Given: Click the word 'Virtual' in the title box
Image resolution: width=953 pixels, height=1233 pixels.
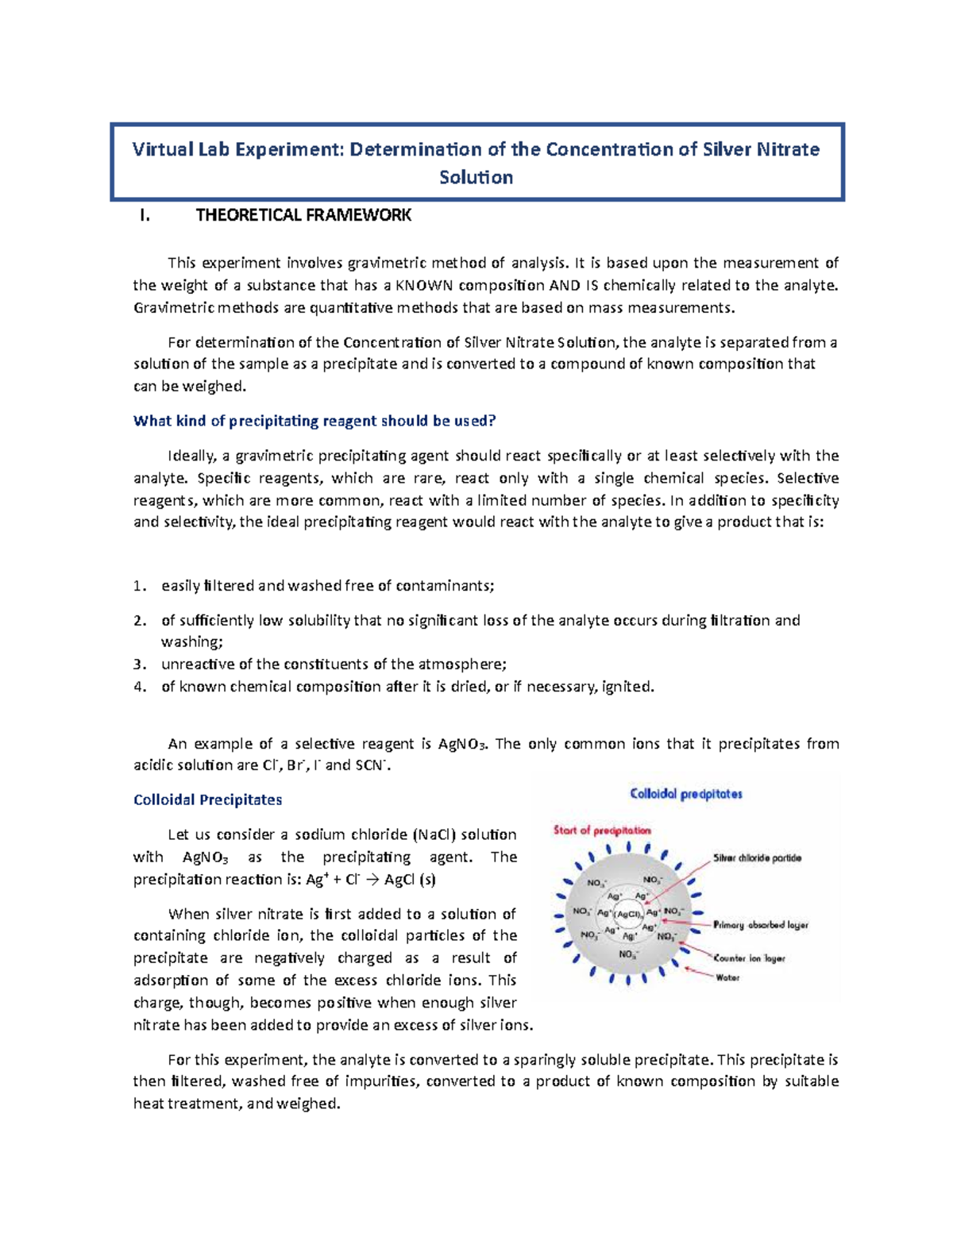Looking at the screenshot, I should point(162,149).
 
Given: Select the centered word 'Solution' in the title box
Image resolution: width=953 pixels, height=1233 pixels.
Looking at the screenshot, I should point(476,177).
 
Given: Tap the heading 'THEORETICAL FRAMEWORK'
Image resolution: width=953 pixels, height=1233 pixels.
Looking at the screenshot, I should point(303,215).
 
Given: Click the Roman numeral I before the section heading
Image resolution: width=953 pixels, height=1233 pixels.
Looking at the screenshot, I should point(143,215).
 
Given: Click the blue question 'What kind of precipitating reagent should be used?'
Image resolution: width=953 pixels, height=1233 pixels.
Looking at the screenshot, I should point(314,421).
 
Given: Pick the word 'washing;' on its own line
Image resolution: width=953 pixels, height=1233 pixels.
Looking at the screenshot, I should point(192,642).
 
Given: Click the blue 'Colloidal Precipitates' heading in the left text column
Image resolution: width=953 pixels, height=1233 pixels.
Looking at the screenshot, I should point(207,800).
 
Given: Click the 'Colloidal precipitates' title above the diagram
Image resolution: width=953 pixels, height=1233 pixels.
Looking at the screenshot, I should point(686,794).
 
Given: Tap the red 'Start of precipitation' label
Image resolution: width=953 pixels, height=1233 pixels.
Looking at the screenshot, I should point(602,830).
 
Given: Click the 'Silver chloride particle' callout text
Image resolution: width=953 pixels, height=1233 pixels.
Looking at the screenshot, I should point(757,858).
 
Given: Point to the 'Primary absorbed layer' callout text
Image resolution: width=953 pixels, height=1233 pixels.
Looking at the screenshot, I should point(760,925).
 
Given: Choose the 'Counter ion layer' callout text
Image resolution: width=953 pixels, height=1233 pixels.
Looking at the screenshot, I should point(749,958).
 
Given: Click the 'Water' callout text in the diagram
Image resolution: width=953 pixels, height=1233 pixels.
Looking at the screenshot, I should point(727,977).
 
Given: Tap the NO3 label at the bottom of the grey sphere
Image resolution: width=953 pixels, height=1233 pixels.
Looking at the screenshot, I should point(628,954).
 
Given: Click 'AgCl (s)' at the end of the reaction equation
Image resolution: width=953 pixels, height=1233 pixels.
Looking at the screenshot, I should point(410,880).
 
